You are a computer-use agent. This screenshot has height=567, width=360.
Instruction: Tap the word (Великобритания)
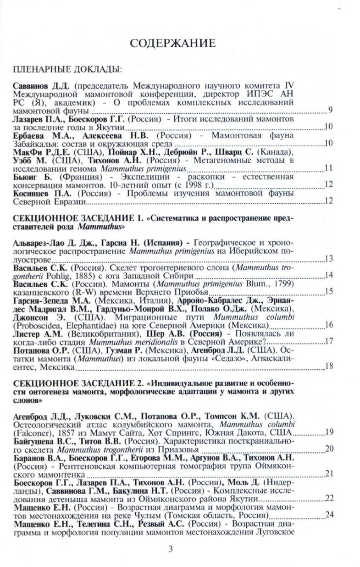point(96,333)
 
